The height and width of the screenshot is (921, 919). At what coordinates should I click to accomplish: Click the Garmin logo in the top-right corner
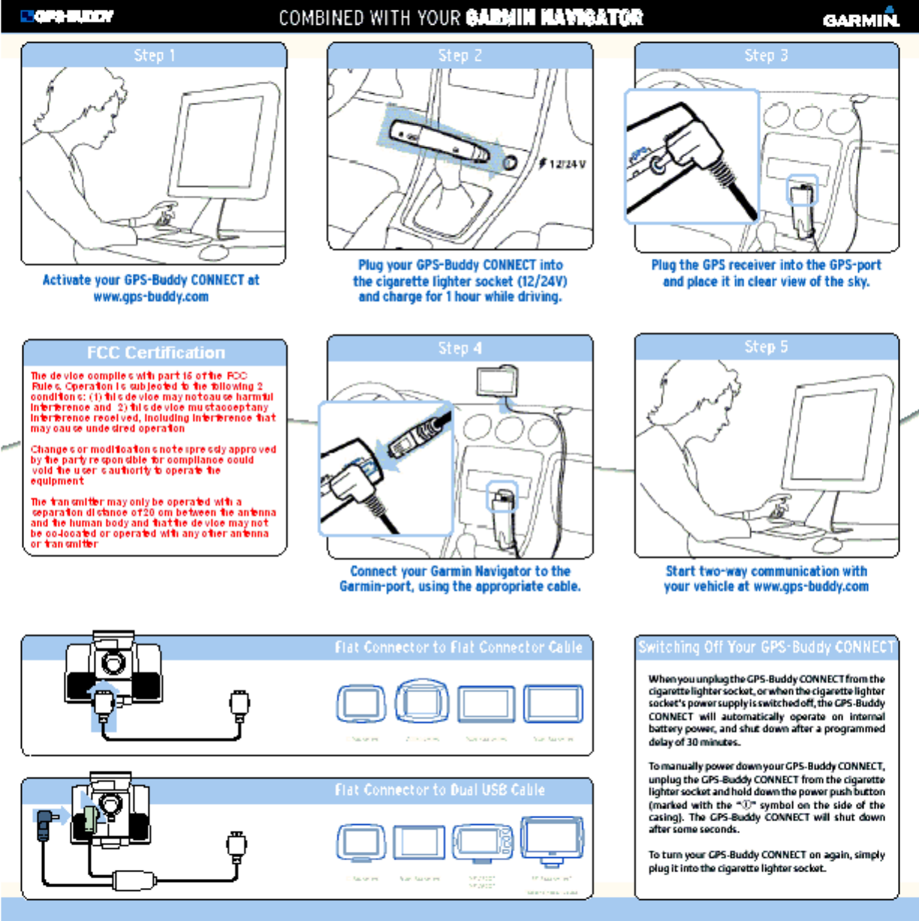(x=861, y=18)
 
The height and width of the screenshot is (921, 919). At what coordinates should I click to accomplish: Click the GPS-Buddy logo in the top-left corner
(x=67, y=16)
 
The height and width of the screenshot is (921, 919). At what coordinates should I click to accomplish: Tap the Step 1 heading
(x=154, y=55)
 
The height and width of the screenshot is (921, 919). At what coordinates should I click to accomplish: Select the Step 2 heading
(x=460, y=55)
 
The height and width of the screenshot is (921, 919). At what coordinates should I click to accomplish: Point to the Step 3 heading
(x=766, y=55)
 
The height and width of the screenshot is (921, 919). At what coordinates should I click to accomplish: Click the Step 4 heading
(x=460, y=348)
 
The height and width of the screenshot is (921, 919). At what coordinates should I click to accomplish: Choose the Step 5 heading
(x=766, y=346)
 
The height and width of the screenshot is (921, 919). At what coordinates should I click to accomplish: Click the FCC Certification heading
(x=155, y=352)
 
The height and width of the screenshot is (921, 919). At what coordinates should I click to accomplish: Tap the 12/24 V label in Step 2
(x=567, y=164)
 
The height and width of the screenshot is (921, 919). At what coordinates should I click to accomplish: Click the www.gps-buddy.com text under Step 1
(x=151, y=297)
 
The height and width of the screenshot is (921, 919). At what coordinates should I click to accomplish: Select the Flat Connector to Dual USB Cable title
(x=439, y=790)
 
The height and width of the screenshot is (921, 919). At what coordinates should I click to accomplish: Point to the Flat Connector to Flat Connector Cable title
(x=458, y=647)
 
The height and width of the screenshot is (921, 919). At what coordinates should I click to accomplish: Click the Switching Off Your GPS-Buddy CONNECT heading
(x=766, y=647)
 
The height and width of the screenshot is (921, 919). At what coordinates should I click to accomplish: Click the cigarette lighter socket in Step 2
(x=510, y=162)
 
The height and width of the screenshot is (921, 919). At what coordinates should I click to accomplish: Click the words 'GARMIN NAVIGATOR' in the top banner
(x=554, y=17)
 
